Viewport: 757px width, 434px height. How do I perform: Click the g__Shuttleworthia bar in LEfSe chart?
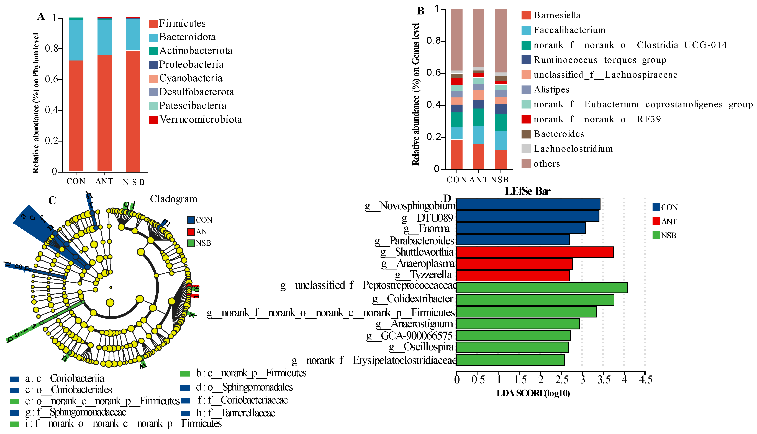point(534,252)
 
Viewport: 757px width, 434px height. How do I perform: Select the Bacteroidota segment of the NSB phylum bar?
point(133,35)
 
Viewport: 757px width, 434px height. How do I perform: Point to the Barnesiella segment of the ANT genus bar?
point(478,157)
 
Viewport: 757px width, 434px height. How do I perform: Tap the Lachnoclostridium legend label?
point(573,149)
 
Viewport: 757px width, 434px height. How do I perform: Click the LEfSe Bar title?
point(527,191)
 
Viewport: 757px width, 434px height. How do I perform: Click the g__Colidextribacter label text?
point(413,299)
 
